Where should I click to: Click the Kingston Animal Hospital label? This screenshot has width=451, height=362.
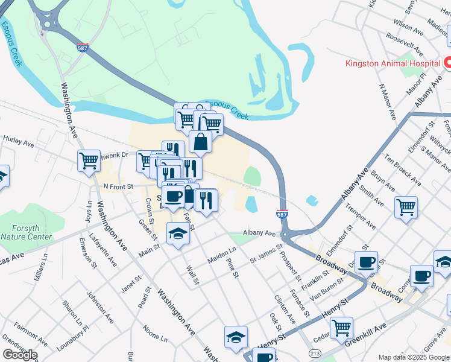(x=392, y=63)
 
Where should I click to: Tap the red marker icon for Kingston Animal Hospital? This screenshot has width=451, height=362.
(x=447, y=62)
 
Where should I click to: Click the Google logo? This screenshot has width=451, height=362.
(x=20, y=355)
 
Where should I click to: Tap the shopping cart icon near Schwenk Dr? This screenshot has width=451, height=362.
(x=89, y=161)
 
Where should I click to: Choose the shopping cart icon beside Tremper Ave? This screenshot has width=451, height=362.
(x=406, y=207)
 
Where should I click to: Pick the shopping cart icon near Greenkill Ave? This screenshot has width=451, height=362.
(x=341, y=328)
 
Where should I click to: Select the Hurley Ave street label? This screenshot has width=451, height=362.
(x=18, y=142)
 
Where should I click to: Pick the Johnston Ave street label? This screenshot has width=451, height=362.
(x=100, y=307)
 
